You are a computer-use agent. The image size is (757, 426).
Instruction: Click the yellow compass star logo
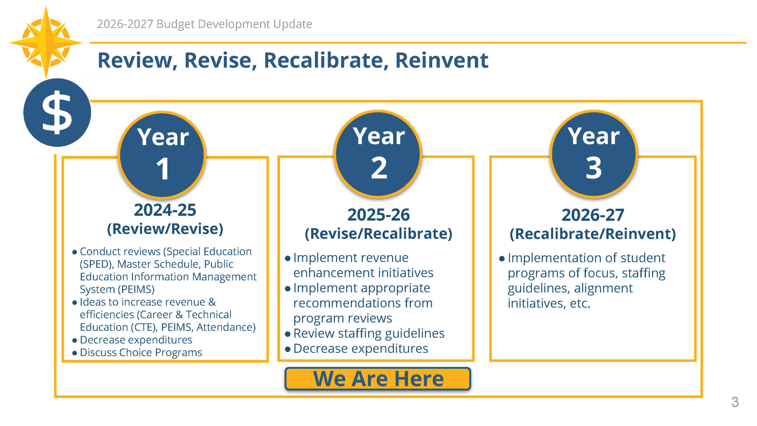click(46, 42)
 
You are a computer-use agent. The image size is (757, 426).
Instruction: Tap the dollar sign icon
click(57, 112)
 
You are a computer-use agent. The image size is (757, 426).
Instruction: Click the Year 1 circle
click(162, 154)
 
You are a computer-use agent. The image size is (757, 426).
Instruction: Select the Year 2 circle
click(378, 153)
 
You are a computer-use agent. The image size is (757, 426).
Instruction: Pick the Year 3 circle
click(593, 153)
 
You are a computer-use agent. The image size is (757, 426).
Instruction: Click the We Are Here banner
click(378, 379)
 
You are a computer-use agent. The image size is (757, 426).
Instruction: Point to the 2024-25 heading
click(165, 210)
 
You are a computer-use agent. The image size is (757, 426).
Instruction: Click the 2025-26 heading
click(378, 215)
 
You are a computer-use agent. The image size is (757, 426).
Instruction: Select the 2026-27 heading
click(593, 215)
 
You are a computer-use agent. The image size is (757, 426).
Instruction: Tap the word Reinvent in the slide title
click(441, 60)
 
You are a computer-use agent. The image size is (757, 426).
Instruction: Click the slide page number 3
click(735, 402)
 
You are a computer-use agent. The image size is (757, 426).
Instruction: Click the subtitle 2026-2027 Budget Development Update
click(204, 24)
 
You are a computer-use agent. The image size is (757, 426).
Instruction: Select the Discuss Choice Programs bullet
click(141, 353)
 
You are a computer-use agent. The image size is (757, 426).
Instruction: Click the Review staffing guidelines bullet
click(368, 333)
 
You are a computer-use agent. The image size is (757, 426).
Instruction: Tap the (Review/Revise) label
click(165, 229)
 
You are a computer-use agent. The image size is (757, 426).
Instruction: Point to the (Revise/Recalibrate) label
click(378, 234)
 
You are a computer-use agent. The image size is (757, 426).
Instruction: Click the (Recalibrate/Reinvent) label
click(593, 234)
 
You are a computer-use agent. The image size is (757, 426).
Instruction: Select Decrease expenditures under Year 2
click(360, 348)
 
